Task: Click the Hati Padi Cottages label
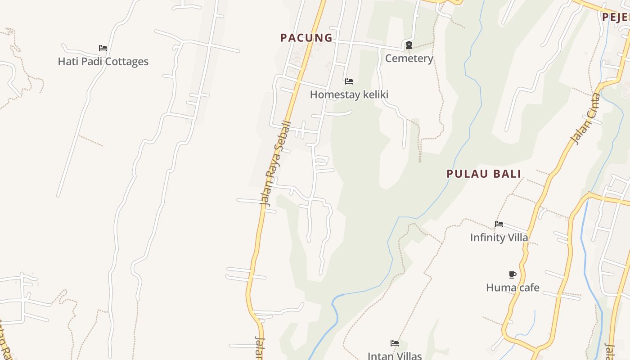(103, 62)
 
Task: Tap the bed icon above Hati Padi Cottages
(103, 48)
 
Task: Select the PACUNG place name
(306, 38)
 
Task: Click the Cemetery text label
(409, 58)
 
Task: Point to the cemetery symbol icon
(409, 45)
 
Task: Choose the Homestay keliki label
(349, 94)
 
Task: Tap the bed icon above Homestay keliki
(349, 81)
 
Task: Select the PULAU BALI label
(484, 174)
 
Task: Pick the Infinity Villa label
(499, 237)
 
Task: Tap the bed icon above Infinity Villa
(499, 224)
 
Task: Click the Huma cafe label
(513, 288)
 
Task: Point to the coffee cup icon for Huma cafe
(512, 274)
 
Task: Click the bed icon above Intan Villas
(395, 343)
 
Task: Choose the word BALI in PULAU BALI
(506, 174)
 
